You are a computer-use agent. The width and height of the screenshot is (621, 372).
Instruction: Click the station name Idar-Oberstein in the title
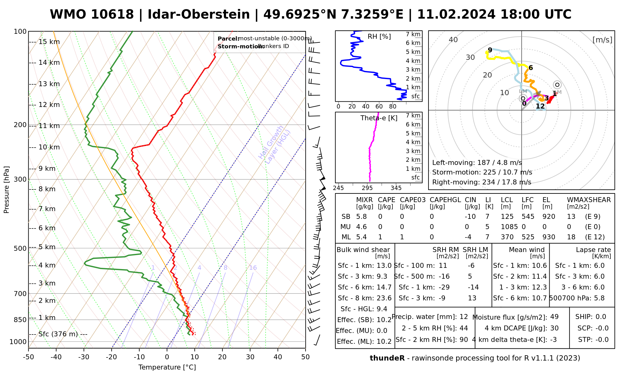coord(199,15)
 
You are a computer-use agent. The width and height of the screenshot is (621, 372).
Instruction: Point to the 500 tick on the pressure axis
coord(21,248)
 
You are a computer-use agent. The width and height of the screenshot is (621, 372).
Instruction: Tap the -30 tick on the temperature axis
coord(84,357)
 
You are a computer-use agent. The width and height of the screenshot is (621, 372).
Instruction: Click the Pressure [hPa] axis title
coord(7,190)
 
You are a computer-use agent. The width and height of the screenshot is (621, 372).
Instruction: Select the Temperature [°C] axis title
coord(167,367)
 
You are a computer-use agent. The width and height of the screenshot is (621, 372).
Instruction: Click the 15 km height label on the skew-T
coord(49,42)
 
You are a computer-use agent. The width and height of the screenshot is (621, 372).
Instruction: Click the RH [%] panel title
coord(379,37)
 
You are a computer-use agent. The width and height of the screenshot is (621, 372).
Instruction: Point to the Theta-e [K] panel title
coord(379,118)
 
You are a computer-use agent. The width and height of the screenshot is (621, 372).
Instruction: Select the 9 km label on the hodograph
coord(490,50)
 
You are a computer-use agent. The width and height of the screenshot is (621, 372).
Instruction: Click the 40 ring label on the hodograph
coord(453,40)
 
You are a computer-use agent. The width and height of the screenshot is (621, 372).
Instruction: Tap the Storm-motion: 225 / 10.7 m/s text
coord(482,172)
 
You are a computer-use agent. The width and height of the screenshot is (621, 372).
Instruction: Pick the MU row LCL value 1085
coord(509,227)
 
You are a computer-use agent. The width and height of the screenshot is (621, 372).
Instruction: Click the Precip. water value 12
coord(464,317)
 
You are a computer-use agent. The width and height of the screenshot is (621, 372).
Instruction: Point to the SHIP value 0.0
coord(601,317)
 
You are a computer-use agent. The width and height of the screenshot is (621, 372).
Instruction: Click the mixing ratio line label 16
coord(253,268)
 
